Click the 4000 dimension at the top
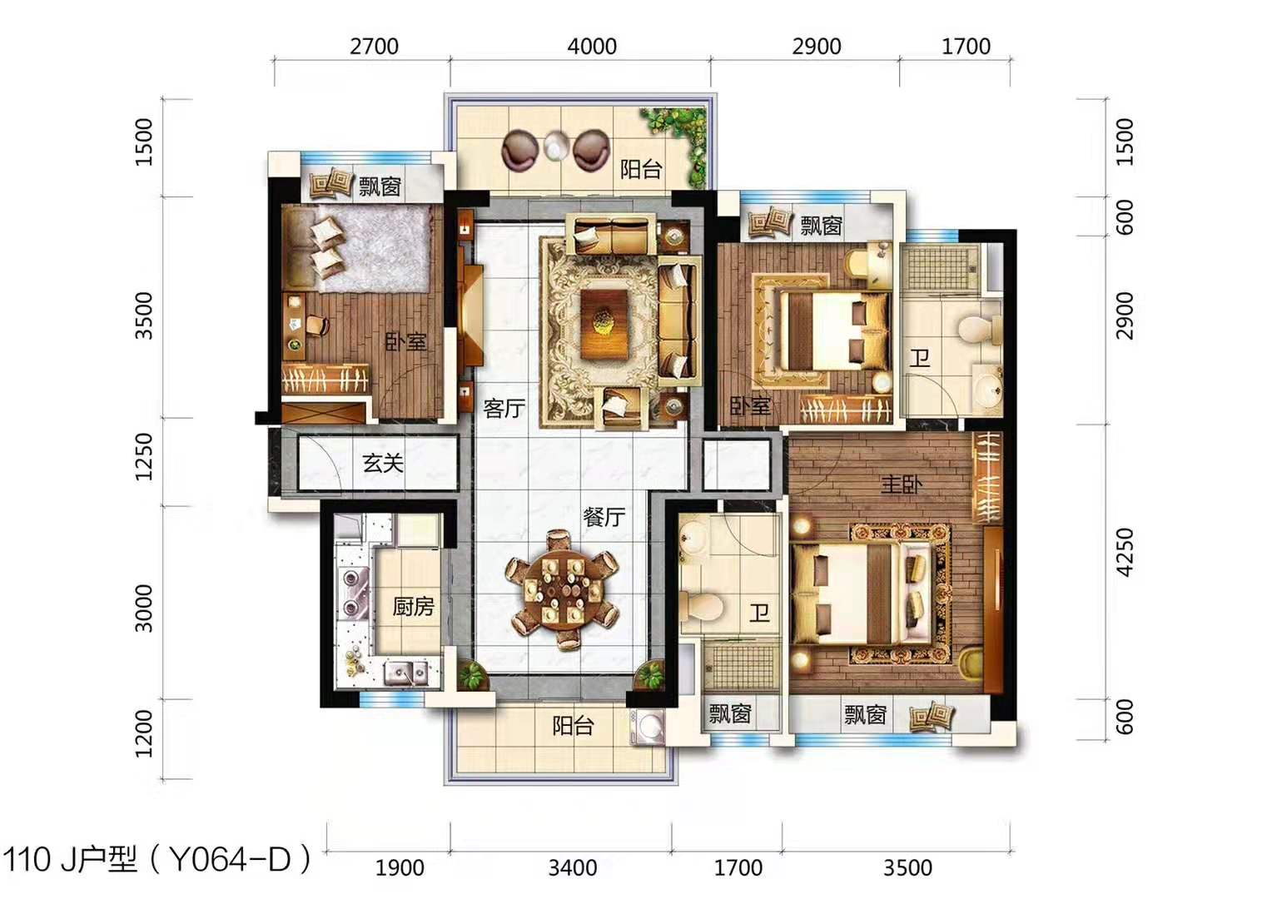coord(592,47)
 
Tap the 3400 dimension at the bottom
coord(573,867)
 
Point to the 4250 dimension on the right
coord(1125,552)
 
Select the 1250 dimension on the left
coord(144,457)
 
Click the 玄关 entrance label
coord(383,463)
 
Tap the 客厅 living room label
coord(504,408)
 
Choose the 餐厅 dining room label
coord(604,516)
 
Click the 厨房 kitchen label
coord(414,607)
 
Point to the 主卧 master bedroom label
coord(902,484)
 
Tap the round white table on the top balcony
coord(555,146)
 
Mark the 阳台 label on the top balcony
coord(640,169)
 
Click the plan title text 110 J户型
coord(70,860)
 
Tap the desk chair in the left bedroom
coord(317,325)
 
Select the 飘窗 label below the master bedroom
coord(865,714)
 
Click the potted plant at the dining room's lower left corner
coord(470,675)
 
